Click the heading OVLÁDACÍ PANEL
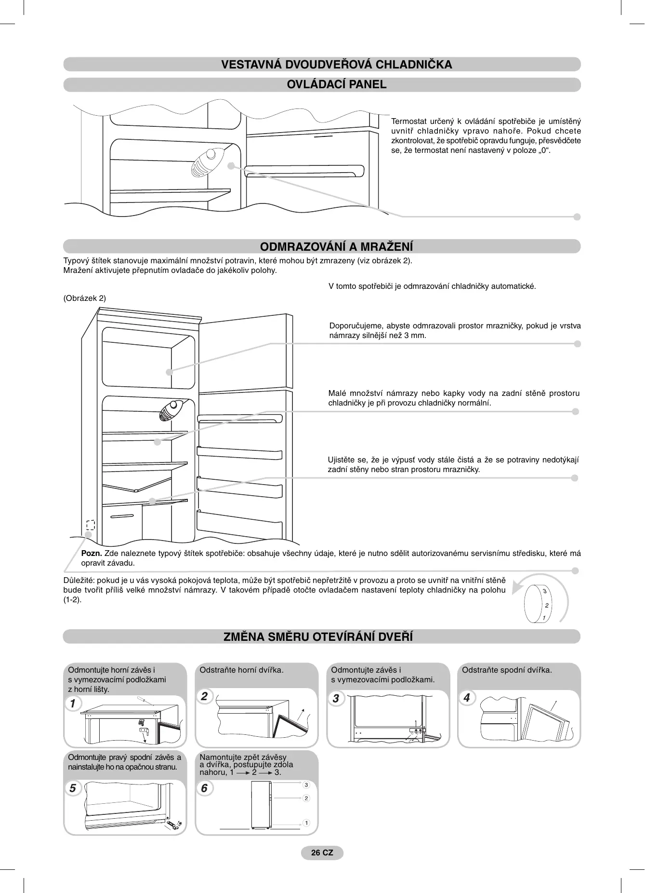[x=336, y=84]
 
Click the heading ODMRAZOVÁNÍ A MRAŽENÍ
[x=336, y=247]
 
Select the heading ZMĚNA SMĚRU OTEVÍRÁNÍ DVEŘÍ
[x=318, y=636]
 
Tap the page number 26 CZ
[x=322, y=852]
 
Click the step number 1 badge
[x=73, y=704]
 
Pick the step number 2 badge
[x=204, y=696]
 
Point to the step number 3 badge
[x=336, y=698]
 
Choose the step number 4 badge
[x=466, y=698]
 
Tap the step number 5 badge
[x=73, y=788]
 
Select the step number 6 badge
[x=204, y=788]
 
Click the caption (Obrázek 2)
[x=85, y=298]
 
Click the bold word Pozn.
[x=92, y=553]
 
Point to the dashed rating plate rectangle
[x=90, y=525]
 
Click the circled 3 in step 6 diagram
[x=306, y=785]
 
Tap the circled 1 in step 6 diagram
[x=306, y=823]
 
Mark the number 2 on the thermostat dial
[x=547, y=605]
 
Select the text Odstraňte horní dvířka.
[x=241, y=670]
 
